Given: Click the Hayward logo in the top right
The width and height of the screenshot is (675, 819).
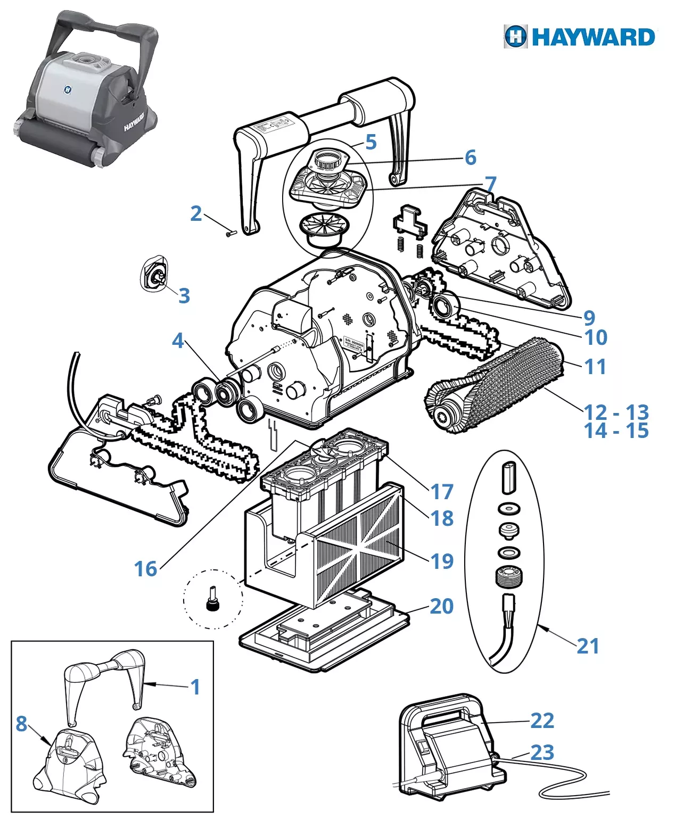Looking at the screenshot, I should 580,37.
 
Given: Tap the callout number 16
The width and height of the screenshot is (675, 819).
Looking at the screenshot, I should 145,569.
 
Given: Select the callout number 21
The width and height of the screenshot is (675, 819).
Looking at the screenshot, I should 588,646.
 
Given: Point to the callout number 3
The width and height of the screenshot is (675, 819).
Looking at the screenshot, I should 184,295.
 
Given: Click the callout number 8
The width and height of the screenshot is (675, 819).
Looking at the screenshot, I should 21,723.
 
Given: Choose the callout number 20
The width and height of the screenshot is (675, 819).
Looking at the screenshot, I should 441,606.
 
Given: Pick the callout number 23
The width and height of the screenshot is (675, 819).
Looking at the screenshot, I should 542,752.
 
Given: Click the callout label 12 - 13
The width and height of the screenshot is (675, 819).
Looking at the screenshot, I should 616,412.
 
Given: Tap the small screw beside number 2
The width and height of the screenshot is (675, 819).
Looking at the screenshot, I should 230,233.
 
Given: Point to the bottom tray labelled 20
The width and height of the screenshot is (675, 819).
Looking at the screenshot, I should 325,633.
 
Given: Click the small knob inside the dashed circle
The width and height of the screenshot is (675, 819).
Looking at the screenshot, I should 213,601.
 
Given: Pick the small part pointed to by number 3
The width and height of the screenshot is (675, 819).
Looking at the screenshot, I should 153,276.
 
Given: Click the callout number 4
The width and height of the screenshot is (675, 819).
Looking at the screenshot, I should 178,341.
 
